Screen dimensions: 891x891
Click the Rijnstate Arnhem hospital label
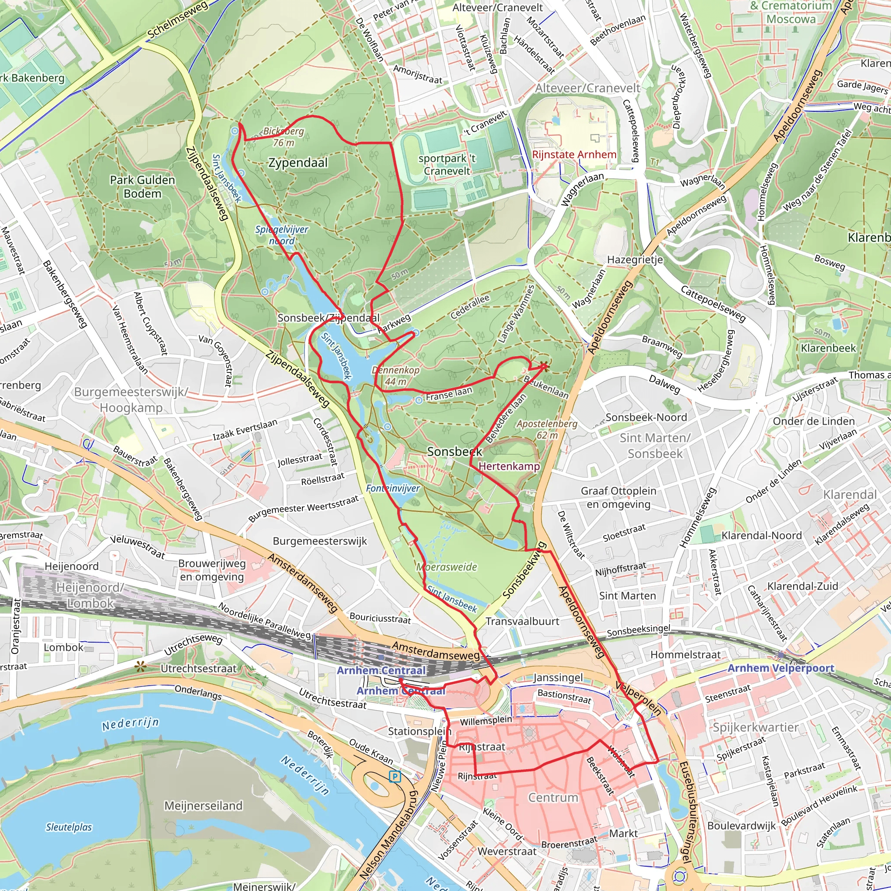point(574,154)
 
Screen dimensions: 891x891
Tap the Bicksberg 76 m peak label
point(283,137)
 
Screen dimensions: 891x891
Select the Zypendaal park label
point(298,163)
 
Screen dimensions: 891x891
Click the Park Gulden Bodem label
point(143,187)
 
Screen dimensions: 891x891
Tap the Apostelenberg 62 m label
point(547,429)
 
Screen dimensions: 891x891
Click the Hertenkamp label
point(509,466)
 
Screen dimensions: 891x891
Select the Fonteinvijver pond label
point(393,489)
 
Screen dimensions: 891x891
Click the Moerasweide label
point(446,567)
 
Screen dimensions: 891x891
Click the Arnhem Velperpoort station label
point(781,668)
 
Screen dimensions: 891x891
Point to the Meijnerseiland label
point(203,806)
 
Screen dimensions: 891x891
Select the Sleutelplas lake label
point(69,827)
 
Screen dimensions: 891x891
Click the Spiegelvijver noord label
point(282,235)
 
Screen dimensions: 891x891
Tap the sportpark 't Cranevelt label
point(446,164)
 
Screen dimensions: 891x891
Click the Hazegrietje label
point(635,260)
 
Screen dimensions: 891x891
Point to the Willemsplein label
point(486,720)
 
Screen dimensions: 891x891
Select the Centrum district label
point(553,797)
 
